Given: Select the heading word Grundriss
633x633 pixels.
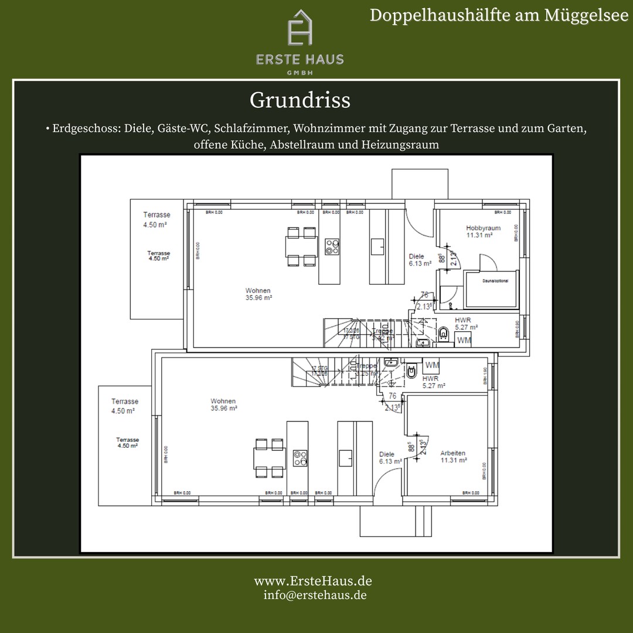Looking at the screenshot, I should [300, 100].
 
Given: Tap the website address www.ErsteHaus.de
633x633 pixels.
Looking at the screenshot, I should [312, 581].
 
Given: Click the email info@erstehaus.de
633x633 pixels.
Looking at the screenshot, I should [315, 594].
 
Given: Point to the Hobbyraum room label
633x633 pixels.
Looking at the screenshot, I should [483, 228].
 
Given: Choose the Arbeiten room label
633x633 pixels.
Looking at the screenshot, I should [453, 453].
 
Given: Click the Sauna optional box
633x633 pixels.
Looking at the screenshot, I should [491, 289].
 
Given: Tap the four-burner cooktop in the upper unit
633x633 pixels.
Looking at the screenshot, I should [332, 246].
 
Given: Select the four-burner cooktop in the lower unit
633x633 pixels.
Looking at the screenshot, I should [301, 458].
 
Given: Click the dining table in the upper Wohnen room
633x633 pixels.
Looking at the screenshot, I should [301, 246].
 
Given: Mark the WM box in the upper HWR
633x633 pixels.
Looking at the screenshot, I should [464, 340].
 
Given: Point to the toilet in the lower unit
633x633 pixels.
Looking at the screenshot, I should [412, 371].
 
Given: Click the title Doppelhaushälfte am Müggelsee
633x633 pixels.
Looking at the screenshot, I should [499, 15].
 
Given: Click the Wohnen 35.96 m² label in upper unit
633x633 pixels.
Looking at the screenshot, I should [258, 294].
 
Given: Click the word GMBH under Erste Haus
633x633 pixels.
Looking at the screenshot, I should [300, 72].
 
